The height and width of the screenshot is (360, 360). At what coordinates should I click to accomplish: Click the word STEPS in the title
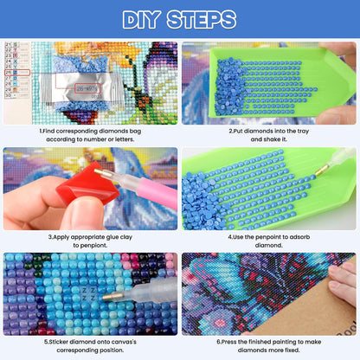coord(202,20)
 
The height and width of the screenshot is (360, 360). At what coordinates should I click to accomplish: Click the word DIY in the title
coord(141,20)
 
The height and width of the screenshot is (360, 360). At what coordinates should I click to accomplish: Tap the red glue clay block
coord(87,185)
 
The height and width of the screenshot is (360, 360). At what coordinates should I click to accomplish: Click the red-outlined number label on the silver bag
coord(88,88)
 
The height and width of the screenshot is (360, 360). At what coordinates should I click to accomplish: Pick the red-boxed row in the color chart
coord(17,73)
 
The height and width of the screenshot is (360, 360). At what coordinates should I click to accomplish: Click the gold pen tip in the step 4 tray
coord(321,170)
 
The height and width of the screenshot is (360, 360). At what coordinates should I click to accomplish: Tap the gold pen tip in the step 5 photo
coord(111,296)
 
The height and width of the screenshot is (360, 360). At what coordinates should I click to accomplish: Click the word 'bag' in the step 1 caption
coord(135,132)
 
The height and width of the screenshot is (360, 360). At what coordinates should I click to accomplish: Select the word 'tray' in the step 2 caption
coord(303,132)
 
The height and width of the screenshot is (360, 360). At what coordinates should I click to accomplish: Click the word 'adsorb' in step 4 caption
coord(299,237)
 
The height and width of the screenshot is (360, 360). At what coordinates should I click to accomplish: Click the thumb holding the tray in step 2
coord(335,114)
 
